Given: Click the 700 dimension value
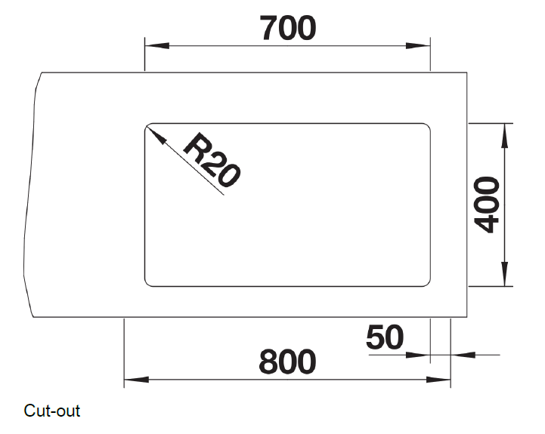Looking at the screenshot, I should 287,29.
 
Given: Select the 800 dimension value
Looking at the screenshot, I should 287,363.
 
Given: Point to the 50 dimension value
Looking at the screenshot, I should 385,337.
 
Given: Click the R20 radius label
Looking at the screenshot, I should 212,161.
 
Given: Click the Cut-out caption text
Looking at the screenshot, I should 51,411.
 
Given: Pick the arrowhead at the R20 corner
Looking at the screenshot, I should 151,133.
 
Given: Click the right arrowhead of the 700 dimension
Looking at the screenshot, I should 423,46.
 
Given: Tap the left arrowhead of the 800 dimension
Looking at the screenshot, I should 132,379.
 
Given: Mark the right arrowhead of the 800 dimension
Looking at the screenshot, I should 443,379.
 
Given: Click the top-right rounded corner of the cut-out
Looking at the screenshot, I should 427,126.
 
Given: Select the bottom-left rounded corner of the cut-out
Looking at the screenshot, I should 147,283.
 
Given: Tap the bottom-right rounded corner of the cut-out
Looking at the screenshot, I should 427,283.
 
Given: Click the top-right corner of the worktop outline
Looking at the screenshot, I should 468,72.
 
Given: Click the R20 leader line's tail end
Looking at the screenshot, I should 225,195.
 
